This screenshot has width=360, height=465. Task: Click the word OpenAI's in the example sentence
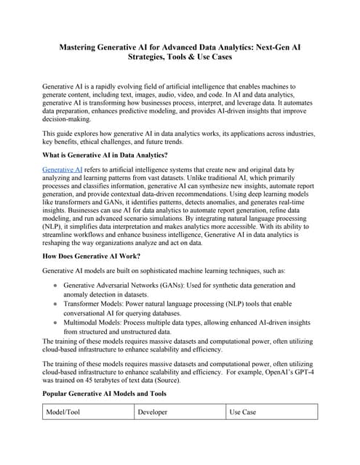tap(266, 369)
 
